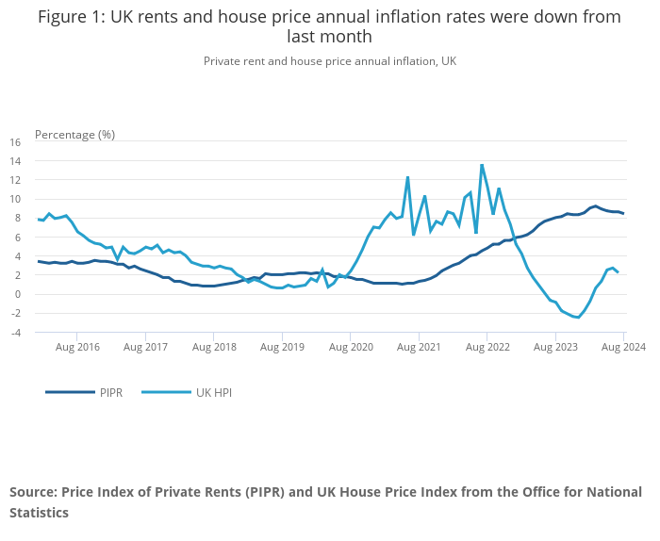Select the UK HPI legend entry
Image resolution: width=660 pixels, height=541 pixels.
(x=213, y=391)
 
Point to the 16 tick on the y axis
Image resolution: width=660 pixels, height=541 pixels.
(x=15, y=142)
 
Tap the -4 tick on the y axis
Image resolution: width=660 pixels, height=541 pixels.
(x=15, y=332)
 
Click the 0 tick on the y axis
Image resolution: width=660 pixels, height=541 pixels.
(x=18, y=294)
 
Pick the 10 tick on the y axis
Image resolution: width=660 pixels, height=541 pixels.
(x=15, y=199)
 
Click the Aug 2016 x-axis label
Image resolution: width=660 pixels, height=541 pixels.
(x=77, y=347)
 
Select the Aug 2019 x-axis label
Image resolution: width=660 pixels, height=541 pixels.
(x=283, y=347)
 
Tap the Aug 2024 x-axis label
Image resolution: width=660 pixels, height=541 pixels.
(x=624, y=347)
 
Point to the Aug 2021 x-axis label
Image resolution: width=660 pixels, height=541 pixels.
(x=420, y=347)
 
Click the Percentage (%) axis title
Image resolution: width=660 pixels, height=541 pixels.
(x=74, y=134)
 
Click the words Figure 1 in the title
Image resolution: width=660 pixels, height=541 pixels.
(x=72, y=16)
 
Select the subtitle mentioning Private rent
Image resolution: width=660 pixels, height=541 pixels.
(x=330, y=60)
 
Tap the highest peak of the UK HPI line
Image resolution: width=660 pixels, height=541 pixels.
(x=482, y=165)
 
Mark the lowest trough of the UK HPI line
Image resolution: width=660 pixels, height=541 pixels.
(x=578, y=318)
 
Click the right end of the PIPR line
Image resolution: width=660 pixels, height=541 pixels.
(x=623, y=214)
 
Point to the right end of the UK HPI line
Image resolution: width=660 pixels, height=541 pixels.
(x=618, y=272)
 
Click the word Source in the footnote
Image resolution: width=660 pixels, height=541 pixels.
(x=32, y=492)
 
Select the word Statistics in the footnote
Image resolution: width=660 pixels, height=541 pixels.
(x=39, y=513)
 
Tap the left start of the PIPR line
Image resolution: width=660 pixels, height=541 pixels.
(x=39, y=261)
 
